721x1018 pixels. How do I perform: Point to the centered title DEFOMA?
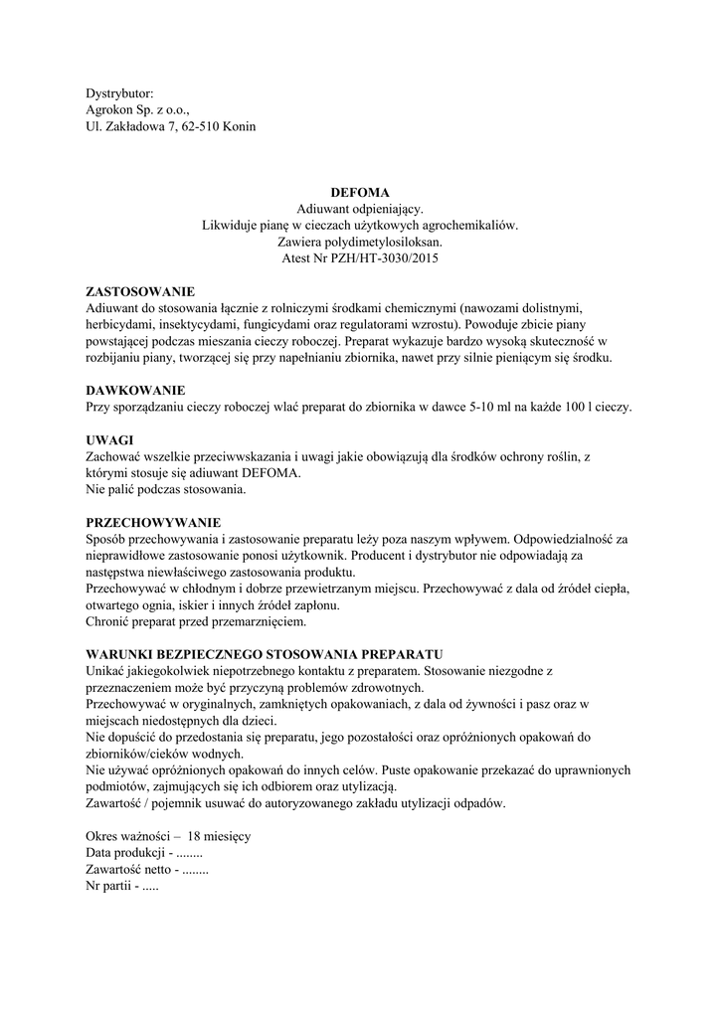(360, 192)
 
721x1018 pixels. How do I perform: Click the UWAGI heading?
(109, 439)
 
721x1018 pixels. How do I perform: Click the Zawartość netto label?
(128, 870)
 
